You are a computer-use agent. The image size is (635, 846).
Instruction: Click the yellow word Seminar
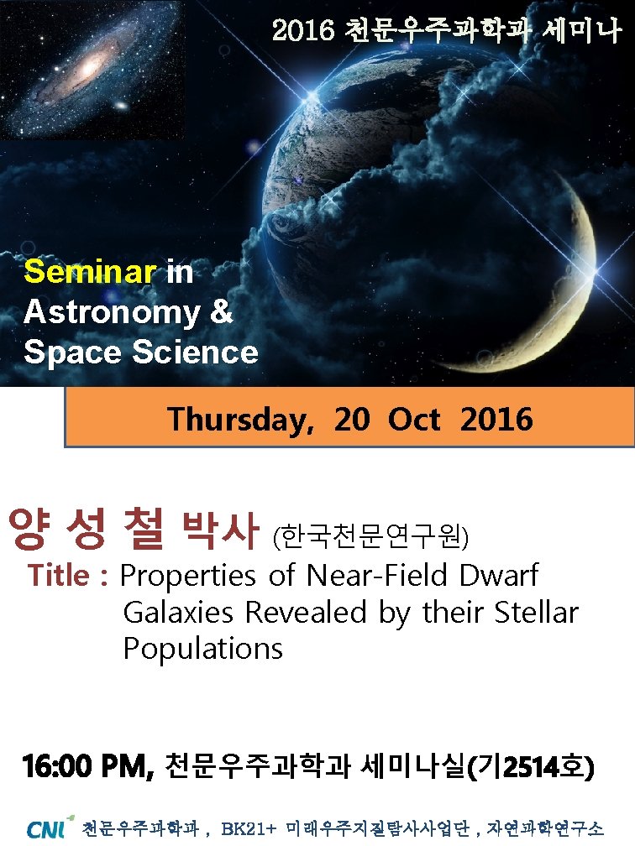pyautogui.click(x=90, y=272)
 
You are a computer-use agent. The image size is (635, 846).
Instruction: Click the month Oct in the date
pyautogui.click(x=414, y=418)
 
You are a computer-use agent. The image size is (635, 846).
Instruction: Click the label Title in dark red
pyautogui.click(x=59, y=577)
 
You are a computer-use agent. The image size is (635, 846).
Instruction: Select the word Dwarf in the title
pyautogui.click(x=499, y=577)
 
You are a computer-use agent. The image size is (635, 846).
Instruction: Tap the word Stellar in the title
pyautogui.click(x=536, y=614)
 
